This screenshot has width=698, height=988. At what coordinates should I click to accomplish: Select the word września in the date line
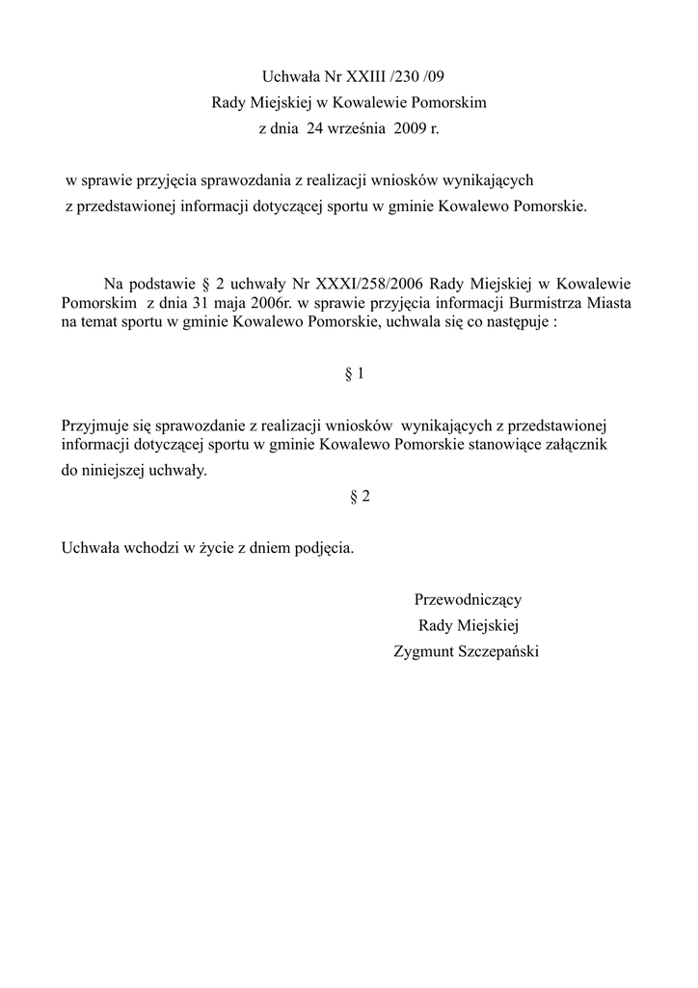coord(355,126)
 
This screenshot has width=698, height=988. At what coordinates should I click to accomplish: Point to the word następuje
coord(514,322)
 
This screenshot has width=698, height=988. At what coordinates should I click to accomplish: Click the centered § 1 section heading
coord(355,372)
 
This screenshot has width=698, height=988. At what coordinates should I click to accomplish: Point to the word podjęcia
coord(324,548)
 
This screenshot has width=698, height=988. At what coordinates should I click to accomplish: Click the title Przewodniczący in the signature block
coord(468,599)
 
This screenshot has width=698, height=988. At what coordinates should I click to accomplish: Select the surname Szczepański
coord(502,651)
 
